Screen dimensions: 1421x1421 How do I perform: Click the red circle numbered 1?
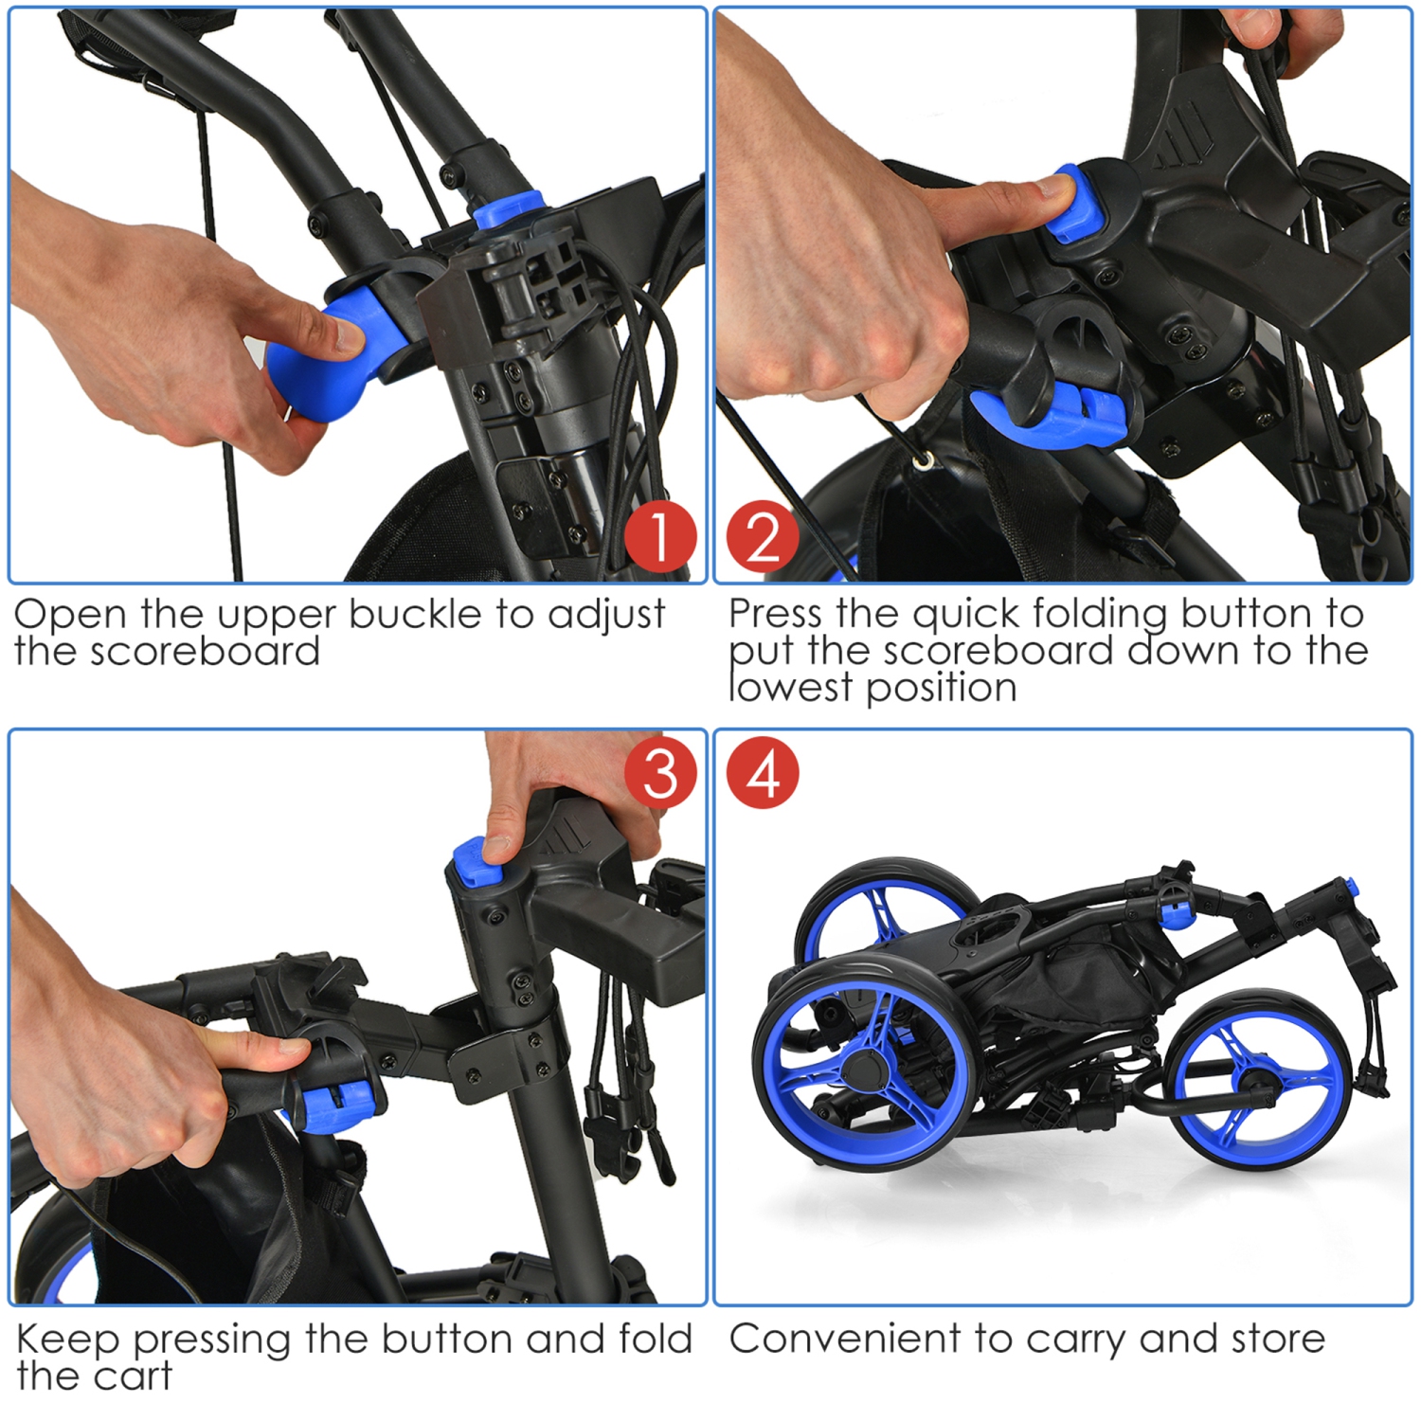tap(660, 536)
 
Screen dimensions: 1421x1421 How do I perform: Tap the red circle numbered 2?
tap(763, 536)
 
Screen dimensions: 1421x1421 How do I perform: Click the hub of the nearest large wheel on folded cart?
tap(864, 1069)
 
